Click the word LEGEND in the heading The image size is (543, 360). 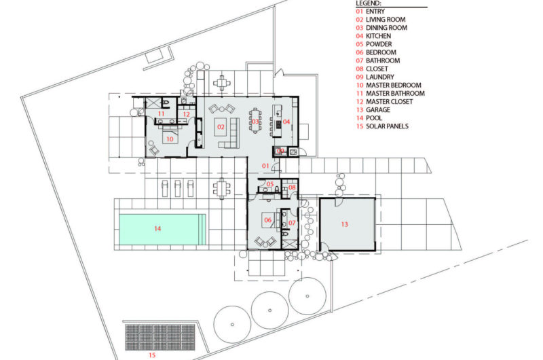click(369, 3)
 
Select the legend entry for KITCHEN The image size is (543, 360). click(374, 36)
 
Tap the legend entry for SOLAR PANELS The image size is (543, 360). click(382, 126)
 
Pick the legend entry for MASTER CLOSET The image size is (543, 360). click(384, 101)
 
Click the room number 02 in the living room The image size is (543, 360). click(221, 127)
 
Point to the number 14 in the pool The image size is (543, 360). click(157, 228)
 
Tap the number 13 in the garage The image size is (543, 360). click(345, 224)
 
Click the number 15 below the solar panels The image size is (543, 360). click(152, 355)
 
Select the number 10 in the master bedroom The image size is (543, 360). click(170, 139)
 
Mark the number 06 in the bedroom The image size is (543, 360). click(267, 220)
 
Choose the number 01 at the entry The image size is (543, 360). click(265, 166)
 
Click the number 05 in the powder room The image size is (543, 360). click(270, 184)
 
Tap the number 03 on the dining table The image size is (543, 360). click(255, 122)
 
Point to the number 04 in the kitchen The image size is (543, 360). click(286, 122)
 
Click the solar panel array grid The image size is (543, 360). click(160, 337)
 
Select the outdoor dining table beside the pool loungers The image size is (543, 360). click(222, 188)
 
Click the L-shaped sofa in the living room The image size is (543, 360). click(230, 133)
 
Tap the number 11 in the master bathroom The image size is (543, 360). click(161, 113)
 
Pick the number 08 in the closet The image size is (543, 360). click(292, 187)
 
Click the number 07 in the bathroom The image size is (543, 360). click(292, 223)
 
